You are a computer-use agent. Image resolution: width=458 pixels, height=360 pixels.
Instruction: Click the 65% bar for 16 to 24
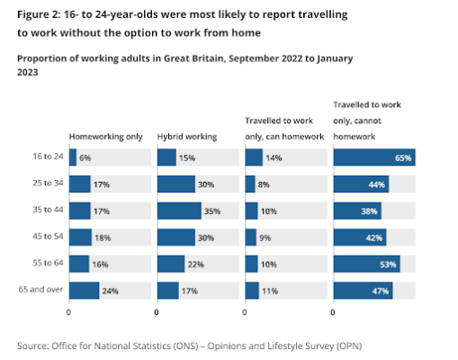click(x=373, y=157)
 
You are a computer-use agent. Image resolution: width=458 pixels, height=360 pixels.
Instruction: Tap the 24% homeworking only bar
click(x=84, y=291)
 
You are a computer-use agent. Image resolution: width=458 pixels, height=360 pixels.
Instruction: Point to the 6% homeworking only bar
click(x=72, y=157)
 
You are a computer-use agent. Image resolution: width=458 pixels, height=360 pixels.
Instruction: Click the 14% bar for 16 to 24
click(x=254, y=157)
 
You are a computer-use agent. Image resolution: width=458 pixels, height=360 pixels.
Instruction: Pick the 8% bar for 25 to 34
click(x=250, y=184)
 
